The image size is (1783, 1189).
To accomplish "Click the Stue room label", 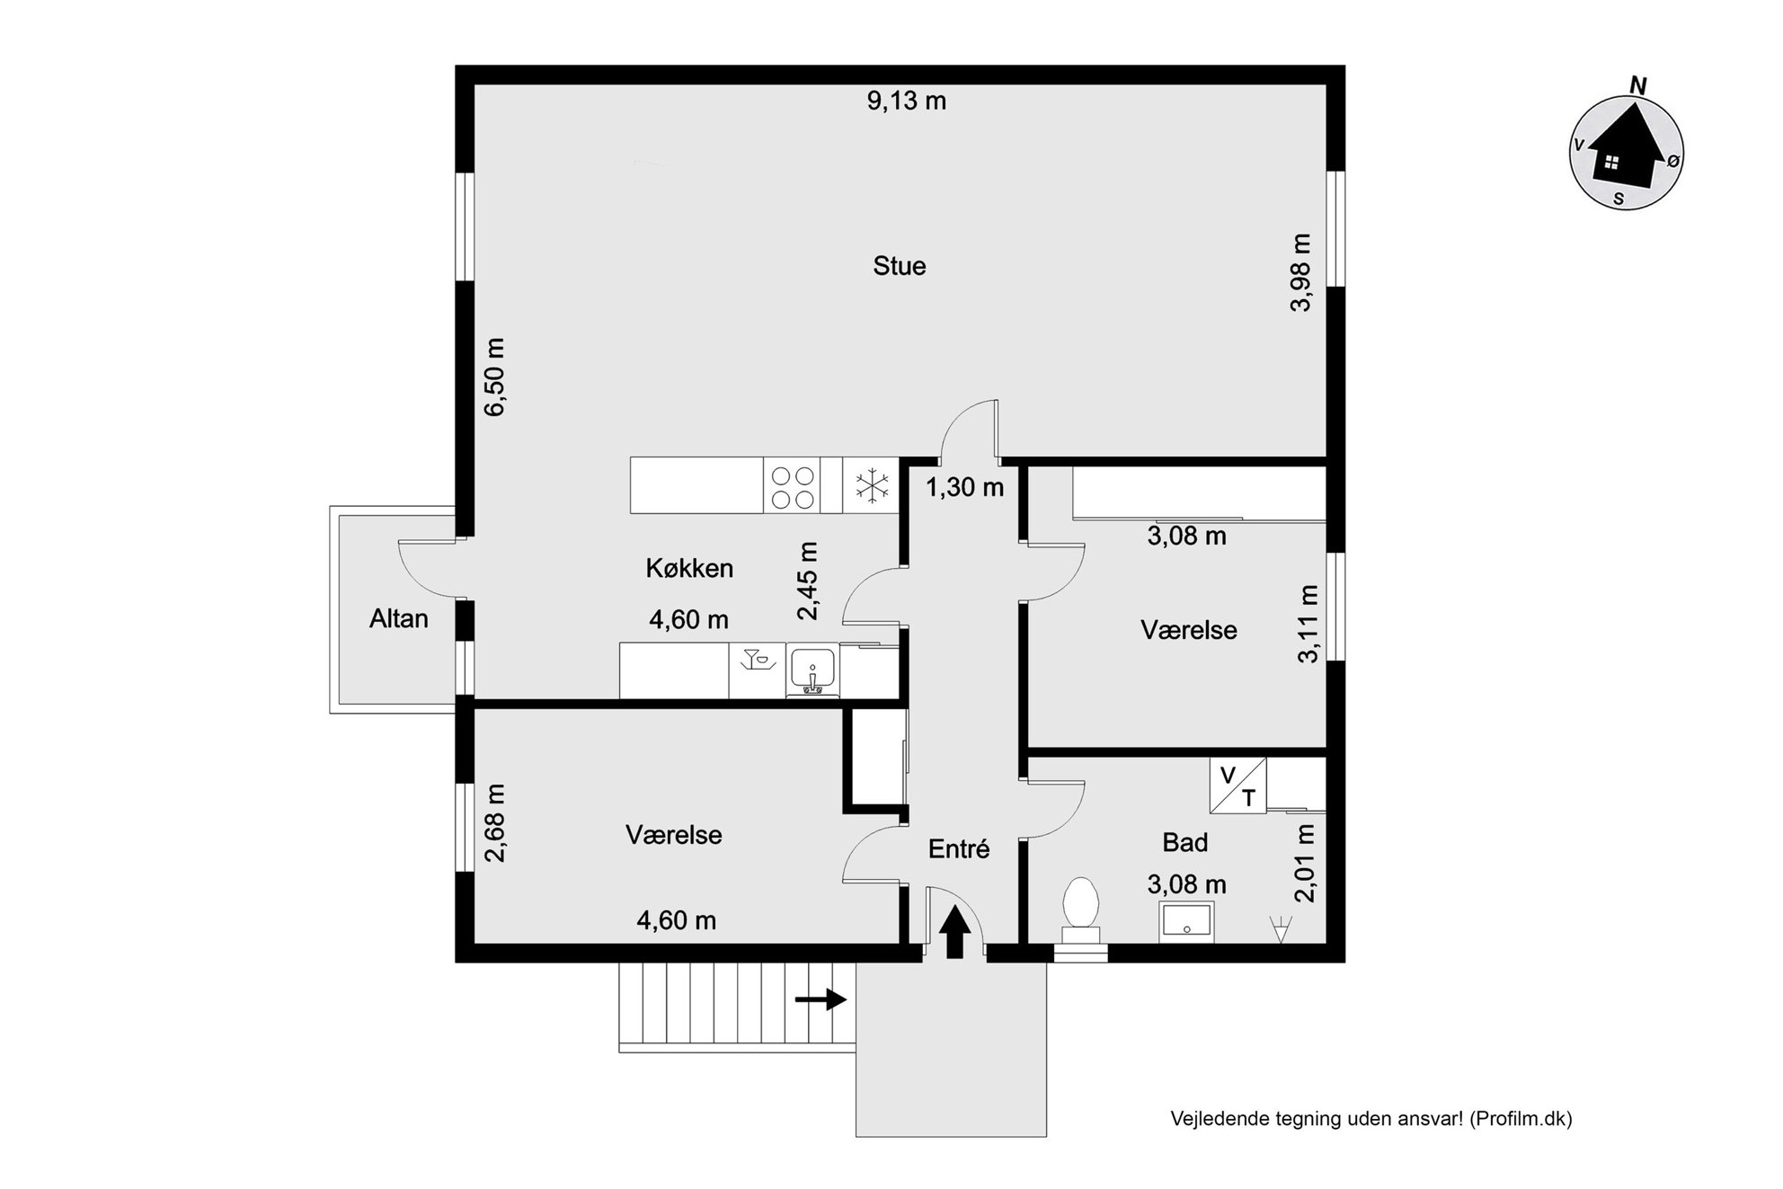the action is click(x=899, y=266).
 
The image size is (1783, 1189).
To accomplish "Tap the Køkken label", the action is click(x=689, y=568).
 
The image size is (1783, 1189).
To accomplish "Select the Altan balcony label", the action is click(x=398, y=618).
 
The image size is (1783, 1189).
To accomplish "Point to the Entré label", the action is click(x=959, y=848).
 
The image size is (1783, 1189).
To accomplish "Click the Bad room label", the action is click(x=1184, y=842).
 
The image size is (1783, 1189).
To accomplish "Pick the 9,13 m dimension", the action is click(x=907, y=101).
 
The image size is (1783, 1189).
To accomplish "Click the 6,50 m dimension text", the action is click(x=495, y=377).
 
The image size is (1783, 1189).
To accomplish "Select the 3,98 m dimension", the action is click(x=1300, y=272).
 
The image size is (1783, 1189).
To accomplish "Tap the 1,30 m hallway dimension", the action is click(x=964, y=487).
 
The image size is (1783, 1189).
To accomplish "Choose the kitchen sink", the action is click(x=812, y=670).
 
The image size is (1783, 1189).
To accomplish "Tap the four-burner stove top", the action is click(x=793, y=486).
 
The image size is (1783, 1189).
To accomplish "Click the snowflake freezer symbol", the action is click(x=871, y=485).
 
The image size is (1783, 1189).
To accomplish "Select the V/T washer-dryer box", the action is click(x=1237, y=785).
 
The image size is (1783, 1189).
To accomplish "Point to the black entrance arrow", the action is click(x=954, y=932).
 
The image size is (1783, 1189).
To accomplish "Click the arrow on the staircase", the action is click(x=821, y=998).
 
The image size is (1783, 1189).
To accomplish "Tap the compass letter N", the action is click(x=1638, y=85).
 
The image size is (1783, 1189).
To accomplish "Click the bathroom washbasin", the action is click(x=1186, y=921).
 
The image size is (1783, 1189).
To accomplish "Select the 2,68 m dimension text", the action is click(x=495, y=823).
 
